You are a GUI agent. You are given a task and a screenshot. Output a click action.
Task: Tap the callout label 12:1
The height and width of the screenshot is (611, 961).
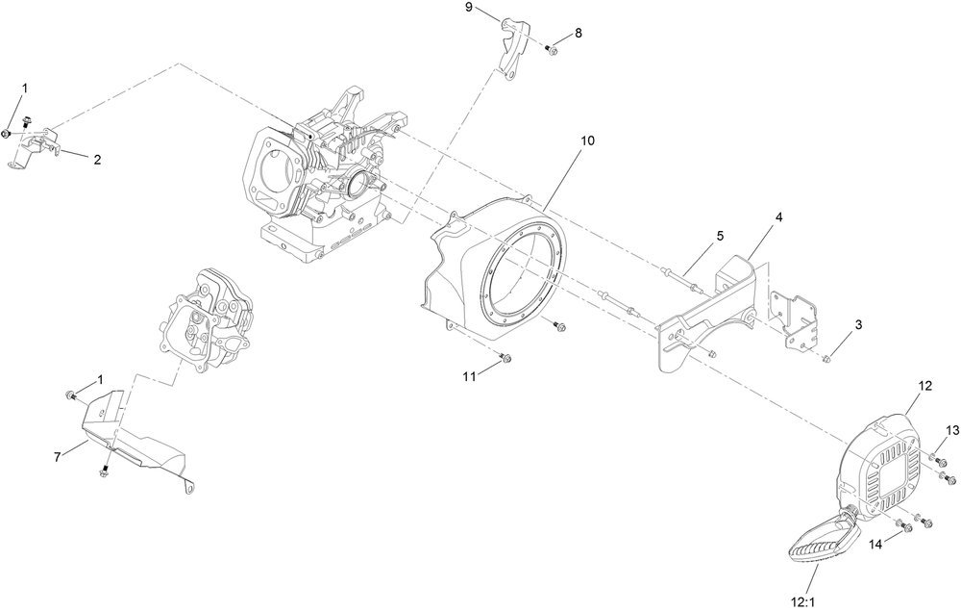pyautogui.click(x=805, y=598)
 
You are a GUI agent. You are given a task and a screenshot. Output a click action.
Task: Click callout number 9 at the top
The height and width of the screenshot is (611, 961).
pyautogui.click(x=469, y=8)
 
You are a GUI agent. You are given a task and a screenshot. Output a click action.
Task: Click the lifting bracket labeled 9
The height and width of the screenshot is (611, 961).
pyautogui.click(x=511, y=47)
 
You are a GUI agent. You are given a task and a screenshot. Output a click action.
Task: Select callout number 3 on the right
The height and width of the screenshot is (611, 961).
pyautogui.click(x=859, y=325)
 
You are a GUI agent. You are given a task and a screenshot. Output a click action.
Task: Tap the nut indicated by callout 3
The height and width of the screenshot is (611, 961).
pyautogui.click(x=826, y=359)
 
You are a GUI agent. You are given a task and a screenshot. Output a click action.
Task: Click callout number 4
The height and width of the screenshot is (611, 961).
pyautogui.click(x=779, y=217)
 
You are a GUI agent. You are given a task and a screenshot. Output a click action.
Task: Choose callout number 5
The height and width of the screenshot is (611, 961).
pyautogui.click(x=718, y=236)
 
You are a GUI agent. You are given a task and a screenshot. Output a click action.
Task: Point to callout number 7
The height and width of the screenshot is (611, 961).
pyautogui.click(x=58, y=456)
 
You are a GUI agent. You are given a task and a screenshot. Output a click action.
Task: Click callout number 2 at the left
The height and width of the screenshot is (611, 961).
pyautogui.click(x=97, y=160)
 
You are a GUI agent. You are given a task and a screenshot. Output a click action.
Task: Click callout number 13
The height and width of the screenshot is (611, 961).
pyautogui.click(x=952, y=429)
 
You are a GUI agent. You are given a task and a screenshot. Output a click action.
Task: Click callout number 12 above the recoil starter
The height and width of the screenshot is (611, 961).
pyautogui.click(x=924, y=386)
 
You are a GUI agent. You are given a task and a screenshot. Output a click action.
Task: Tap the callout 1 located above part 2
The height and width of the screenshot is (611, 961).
pyautogui.click(x=25, y=89)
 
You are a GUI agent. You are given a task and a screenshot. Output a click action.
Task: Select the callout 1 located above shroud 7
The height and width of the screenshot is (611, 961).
pyautogui.click(x=100, y=380)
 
